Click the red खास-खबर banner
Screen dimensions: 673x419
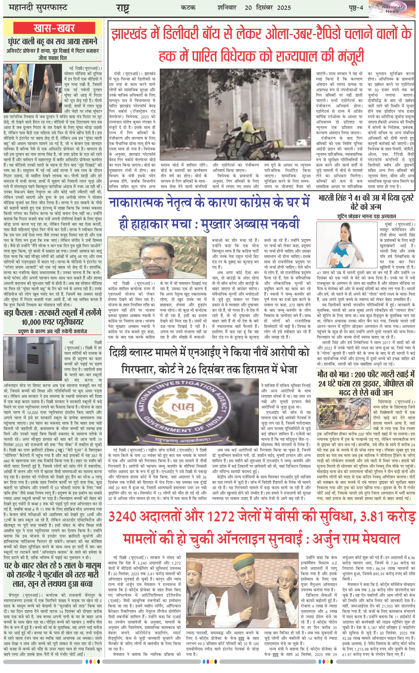[54, 28]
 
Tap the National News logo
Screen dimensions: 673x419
[392, 9]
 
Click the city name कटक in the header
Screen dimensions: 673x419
[188, 7]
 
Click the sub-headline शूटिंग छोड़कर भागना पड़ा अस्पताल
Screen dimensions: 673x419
[366, 216]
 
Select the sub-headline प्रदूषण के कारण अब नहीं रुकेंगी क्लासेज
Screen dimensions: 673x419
[53, 331]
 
